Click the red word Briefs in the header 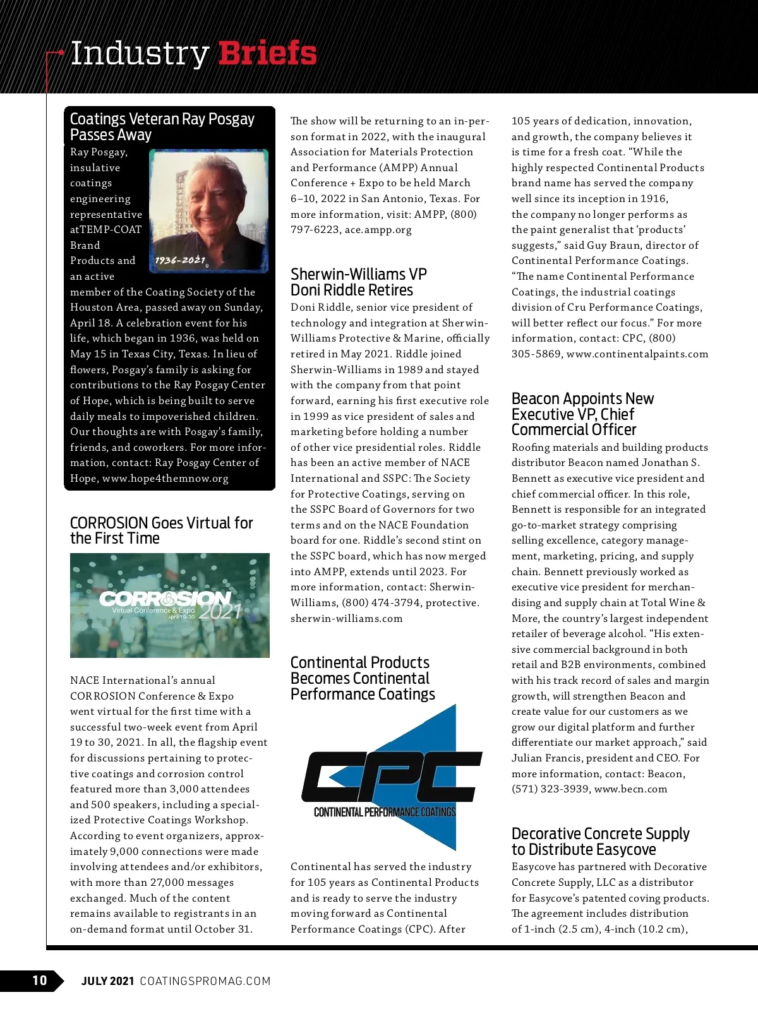(x=267, y=53)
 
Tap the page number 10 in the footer (x=39, y=980)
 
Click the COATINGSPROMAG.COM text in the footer (x=205, y=981)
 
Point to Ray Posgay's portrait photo (x=208, y=211)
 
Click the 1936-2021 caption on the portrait (x=180, y=260)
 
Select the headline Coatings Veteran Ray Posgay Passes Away (x=162, y=126)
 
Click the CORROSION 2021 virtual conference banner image (x=169, y=605)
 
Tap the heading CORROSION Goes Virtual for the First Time (x=161, y=530)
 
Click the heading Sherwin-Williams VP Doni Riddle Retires (x=358, y=282)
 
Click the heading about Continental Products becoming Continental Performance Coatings (x=363, y=678)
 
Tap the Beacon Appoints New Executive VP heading (x=582, y=414)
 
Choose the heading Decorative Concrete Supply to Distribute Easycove (x=600, y=841)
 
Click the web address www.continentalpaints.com (x=637, y=354)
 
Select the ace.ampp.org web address (x=378, y=229)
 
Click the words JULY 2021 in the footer (x=107, y=981)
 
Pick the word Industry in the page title (x=140, y=53)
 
